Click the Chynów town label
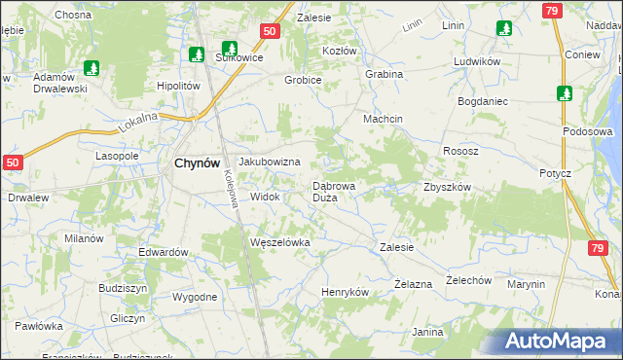(194, 163)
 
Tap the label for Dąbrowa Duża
(340, 191)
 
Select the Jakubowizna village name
(269, 162)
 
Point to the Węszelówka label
(279, 242)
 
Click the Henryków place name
(345, 292)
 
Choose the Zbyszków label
(447, 187)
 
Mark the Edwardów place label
(163, 252)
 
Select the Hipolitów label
(178, 86)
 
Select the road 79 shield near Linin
(551, 11)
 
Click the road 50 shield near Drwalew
(12, 164)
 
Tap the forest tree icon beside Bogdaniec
(565, 93)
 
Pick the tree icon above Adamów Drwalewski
(91, 68)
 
